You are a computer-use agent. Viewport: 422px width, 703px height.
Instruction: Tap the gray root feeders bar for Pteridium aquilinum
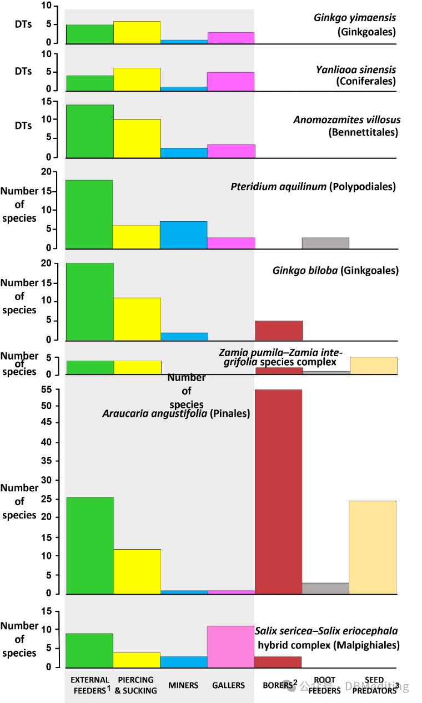[x=325, y=243]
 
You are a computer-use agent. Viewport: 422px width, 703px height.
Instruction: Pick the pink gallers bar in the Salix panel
[x=230, y=646]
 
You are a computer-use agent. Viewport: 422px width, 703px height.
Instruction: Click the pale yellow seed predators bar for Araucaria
[x=373, y=547]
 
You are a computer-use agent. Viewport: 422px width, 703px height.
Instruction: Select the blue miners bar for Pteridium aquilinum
[x=183, y=235]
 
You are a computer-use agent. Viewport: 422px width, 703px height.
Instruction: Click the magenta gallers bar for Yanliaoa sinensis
[x=230, y=81]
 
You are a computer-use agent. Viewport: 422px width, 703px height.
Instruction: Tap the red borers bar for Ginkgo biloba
[x=278, y=330]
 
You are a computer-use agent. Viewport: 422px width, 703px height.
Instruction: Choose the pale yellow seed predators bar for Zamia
[x=373, y=365]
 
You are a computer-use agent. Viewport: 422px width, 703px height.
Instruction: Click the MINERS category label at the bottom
[x=183, y=685]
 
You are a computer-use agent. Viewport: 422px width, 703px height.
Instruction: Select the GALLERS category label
[x=228, y=685]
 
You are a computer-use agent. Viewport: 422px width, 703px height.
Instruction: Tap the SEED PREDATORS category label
[x=374, y=685]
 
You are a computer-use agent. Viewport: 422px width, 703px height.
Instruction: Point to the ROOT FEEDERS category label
[x=324, y=685]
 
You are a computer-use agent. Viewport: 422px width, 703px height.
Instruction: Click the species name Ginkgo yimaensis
[x=355, y=17]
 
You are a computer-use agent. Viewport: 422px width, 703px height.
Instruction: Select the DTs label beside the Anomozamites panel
[x=23, y=126]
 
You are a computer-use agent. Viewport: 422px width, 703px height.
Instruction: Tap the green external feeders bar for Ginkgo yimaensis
[x=89, y=34]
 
